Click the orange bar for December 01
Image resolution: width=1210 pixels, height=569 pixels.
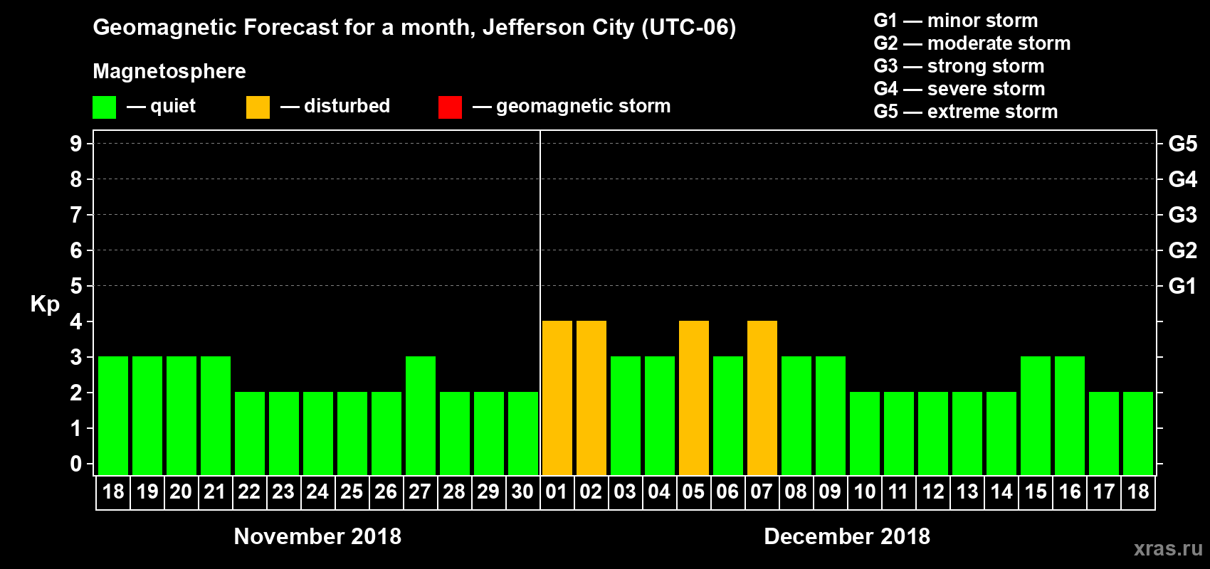click(557, 398)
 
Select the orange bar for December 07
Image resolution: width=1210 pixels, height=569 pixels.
click(762, 398)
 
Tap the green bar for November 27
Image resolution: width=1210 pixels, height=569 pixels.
click(420, 415)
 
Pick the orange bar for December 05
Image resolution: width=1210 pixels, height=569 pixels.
click(693, 398)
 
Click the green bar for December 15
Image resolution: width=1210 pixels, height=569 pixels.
click(1035, 415)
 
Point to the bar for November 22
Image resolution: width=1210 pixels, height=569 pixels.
click(249, 433)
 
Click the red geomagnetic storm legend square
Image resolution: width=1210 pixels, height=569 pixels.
click(450, 107)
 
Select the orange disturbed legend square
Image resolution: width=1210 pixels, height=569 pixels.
click(258, 107)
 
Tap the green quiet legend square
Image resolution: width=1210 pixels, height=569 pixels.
click(104, 107)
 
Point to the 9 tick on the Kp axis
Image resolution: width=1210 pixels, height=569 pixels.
click(76, 144)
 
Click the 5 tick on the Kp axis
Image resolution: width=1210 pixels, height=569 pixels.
click(76, 286)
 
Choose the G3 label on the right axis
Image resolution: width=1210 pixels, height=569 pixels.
click(1182, 215)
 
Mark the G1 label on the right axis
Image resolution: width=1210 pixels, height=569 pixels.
click(1182, 286)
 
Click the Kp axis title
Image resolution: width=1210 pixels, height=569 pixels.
click(45, 304)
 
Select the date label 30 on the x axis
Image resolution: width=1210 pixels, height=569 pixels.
click(522, 491)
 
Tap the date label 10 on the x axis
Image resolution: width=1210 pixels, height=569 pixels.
click(864, 491)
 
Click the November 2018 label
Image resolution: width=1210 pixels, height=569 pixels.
click(317, 536)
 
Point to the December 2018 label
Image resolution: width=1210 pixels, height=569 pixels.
click(847, 536)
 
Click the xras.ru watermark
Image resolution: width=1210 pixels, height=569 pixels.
click(1168, 548)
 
